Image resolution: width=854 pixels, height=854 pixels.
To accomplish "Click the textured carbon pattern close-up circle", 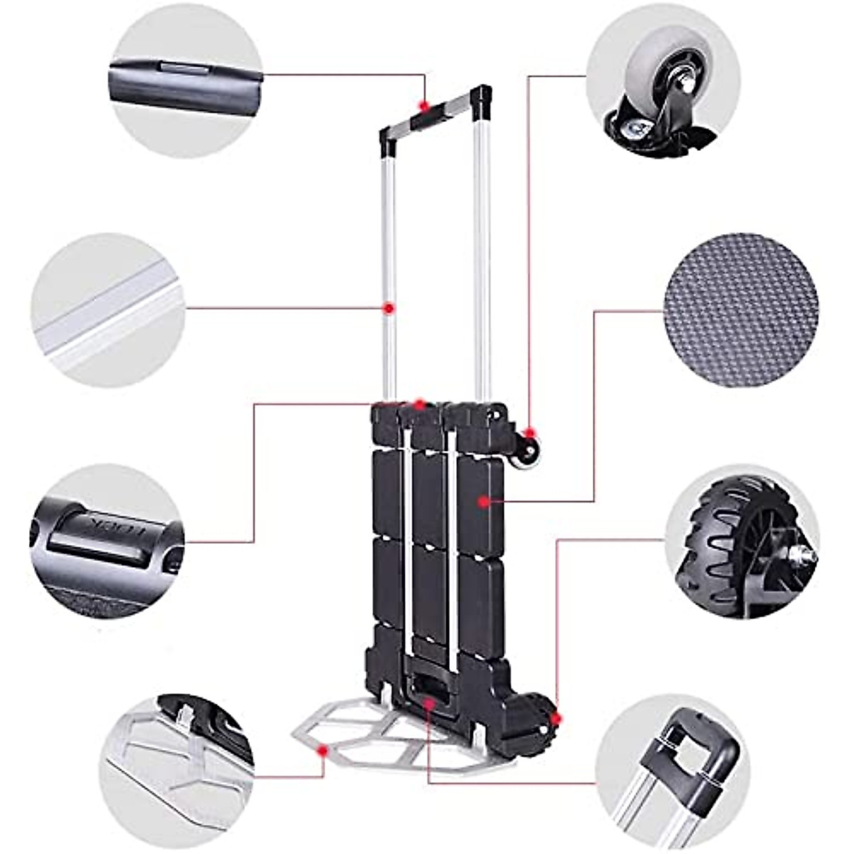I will (740, 308).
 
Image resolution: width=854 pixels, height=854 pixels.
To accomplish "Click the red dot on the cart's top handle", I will (424, 107).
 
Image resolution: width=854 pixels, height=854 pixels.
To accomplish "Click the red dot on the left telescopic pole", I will (389, 308).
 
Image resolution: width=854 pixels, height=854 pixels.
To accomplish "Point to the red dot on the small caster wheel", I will (529, 433).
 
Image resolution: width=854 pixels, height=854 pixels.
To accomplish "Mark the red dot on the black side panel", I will (485, 502).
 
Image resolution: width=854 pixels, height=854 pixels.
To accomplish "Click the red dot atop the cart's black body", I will (420, 404).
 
